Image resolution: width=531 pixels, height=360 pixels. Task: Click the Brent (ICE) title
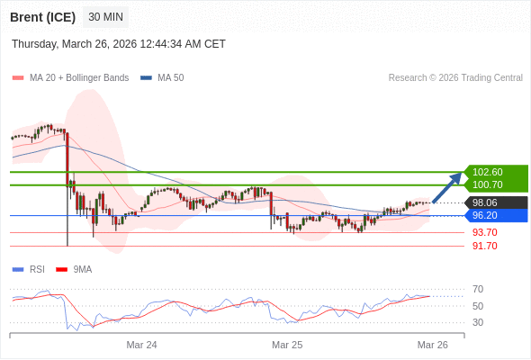tap(42, 17)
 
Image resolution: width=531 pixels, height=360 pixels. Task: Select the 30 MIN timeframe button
tap(106, 17)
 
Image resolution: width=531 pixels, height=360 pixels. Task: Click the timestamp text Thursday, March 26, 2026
tap(119, 44)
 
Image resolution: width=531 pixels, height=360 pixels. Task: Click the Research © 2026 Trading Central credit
tap(455, 77)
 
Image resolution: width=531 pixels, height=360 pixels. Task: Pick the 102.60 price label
tap(488, 172)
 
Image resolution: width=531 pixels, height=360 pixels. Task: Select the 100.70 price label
tap(488, 184)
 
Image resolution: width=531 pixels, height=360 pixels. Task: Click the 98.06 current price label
tap(486, 202)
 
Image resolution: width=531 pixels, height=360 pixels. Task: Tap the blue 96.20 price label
tap(486, 215)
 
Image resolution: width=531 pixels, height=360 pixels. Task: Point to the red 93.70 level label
tap(484, 232)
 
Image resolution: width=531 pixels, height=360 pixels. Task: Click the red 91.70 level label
tap(484, 246)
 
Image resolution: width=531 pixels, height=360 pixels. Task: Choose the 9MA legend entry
tap(82, 269)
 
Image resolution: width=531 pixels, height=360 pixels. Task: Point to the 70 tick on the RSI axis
tap(478, 289)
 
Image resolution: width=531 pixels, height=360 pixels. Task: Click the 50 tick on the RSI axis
tap(478, 306)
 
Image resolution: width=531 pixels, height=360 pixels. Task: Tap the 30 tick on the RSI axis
tap(478, 322)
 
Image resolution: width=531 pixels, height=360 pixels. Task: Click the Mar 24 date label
tap(141, 345)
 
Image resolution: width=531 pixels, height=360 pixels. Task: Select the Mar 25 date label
tap(287, 345)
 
